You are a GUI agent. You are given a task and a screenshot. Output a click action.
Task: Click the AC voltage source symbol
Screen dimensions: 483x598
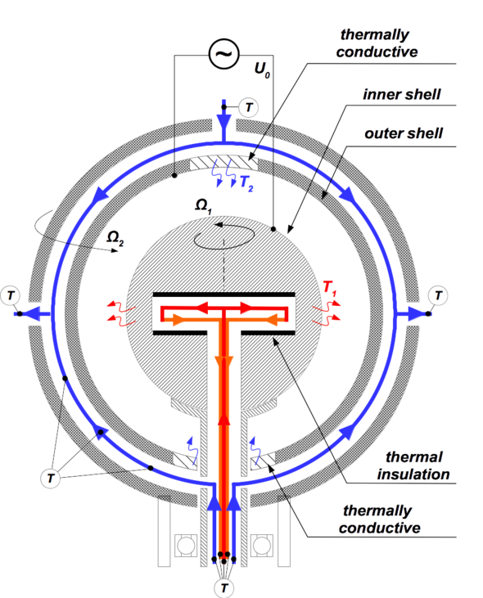coord(224,54)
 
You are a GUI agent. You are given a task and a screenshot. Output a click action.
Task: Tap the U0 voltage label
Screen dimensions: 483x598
coord(262,70)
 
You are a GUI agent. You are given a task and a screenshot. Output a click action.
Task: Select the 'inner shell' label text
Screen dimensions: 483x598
coord(402,94)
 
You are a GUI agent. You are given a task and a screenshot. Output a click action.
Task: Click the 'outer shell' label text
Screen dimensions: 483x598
coord(404,133)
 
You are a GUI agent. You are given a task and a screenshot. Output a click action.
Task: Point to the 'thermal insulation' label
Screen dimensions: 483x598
coord(413,465)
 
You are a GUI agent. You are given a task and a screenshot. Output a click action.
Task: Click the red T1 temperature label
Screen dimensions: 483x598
coord(330,288)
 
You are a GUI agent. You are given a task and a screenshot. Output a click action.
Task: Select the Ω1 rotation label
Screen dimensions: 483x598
coord(203,206)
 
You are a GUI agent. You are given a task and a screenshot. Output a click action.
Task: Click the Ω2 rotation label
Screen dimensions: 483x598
coord(115,238)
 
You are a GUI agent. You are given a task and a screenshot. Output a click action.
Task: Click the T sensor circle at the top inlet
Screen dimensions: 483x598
coord(248,107)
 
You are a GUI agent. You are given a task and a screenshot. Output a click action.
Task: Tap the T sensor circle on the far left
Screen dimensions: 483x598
coord(11,295)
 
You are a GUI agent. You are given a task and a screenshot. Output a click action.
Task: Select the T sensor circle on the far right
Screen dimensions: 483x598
coord(438,295)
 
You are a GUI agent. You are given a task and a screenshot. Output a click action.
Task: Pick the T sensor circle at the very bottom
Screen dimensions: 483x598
coord(224,587)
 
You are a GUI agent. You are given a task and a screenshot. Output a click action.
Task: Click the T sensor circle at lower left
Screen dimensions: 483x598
coord(51,479)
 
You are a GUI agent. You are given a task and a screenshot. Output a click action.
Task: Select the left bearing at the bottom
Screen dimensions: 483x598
coord(186,546)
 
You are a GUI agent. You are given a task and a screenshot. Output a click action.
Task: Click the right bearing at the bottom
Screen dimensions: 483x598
coord(262,546)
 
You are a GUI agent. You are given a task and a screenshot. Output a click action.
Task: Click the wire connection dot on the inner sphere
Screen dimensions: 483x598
coord(273,229)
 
